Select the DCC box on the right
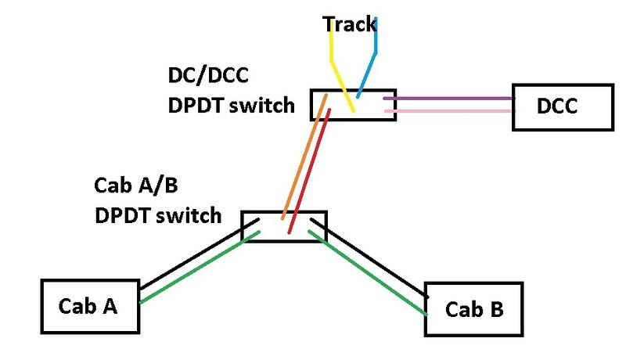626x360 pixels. point(561,106)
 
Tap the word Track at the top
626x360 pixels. point(351,24)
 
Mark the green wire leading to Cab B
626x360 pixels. point(368,270)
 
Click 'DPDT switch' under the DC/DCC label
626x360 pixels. point(231,105)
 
